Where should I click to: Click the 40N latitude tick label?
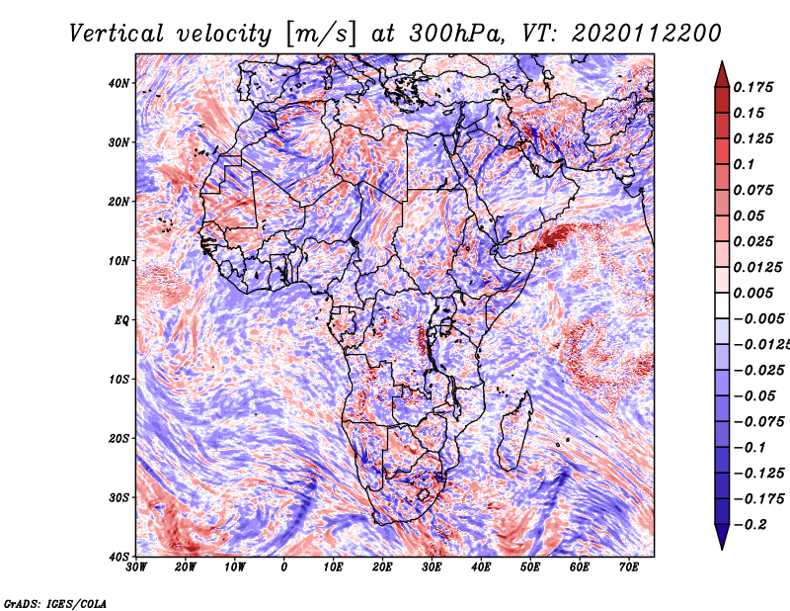tap(118, 83)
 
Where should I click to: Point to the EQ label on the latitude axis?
tap(121, 320)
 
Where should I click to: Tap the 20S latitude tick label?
tap(118, 438)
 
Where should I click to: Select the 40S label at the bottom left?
tap(118, 557)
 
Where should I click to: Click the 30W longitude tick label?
tap(136, 567)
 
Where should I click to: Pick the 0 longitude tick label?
tap(284, 567)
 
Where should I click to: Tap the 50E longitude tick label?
tap(530, 567)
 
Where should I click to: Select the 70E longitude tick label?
tap(629, 567)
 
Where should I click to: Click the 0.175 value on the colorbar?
tap(752, 87)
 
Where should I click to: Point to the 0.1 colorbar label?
tap(745, 164)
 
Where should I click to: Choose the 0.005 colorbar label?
tap(752, 293)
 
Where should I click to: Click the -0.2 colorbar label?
tap(750, 525)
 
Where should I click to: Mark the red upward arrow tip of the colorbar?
tap(722, 62)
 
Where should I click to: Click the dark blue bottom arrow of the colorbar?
tap(722, 537)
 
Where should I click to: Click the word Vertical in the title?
tap(117, 34)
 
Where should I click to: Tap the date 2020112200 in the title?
tap(647, 34)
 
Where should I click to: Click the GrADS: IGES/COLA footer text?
tap(55, 604)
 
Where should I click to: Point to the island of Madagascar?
tap(514, 431)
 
